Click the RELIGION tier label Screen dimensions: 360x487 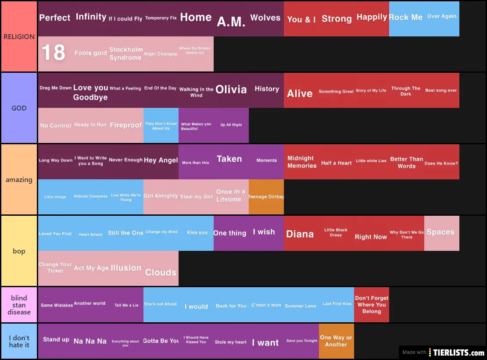(x=19, y=37)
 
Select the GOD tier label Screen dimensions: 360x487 (x=19, y=108)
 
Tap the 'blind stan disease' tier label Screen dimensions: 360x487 (x=19, y=305)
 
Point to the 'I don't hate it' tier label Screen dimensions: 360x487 (x=19, y=341)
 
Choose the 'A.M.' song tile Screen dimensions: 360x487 (x=231, y=20)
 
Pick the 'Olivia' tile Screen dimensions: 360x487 (x=231, y=90)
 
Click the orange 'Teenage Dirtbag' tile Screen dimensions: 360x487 (x=266, y=197)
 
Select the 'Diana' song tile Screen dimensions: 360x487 (x=301, y=234)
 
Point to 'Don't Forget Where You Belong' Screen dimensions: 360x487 (x=371, y=305)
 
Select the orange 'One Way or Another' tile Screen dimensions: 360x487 (x=336, y=341)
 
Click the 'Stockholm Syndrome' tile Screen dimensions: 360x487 (x=125, y=53)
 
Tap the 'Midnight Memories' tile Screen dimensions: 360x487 (x=301, y=162)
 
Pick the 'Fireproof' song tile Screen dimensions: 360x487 (x=125, y=125)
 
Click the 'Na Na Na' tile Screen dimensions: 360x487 (x=90, y=341)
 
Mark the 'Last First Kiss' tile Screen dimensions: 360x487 (x=337, y=304)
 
